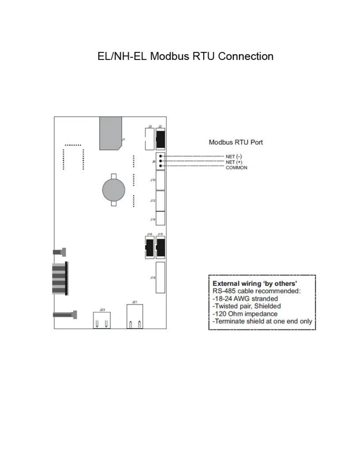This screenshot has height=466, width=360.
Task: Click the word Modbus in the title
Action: pos(170,56)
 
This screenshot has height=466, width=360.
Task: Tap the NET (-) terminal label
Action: pos(234,157)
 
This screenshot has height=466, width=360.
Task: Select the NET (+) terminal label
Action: pos(234,162)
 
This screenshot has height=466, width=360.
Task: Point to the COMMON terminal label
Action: pos(236,168)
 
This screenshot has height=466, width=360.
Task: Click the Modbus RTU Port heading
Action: pos(236,142)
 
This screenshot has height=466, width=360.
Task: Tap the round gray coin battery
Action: pos(114,190)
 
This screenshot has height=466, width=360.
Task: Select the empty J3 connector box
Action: pos(150,139)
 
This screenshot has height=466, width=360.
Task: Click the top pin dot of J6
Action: pos(160,156)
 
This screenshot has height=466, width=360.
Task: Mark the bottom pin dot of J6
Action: pos(160,166)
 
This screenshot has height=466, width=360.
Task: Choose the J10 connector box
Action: pos(160,180)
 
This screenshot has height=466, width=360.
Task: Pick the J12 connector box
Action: pos(160,201)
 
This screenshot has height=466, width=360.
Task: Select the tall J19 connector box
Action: pos(160,277)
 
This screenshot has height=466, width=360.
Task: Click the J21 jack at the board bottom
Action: pos(135,317)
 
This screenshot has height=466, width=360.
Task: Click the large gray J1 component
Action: pos(111,133)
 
